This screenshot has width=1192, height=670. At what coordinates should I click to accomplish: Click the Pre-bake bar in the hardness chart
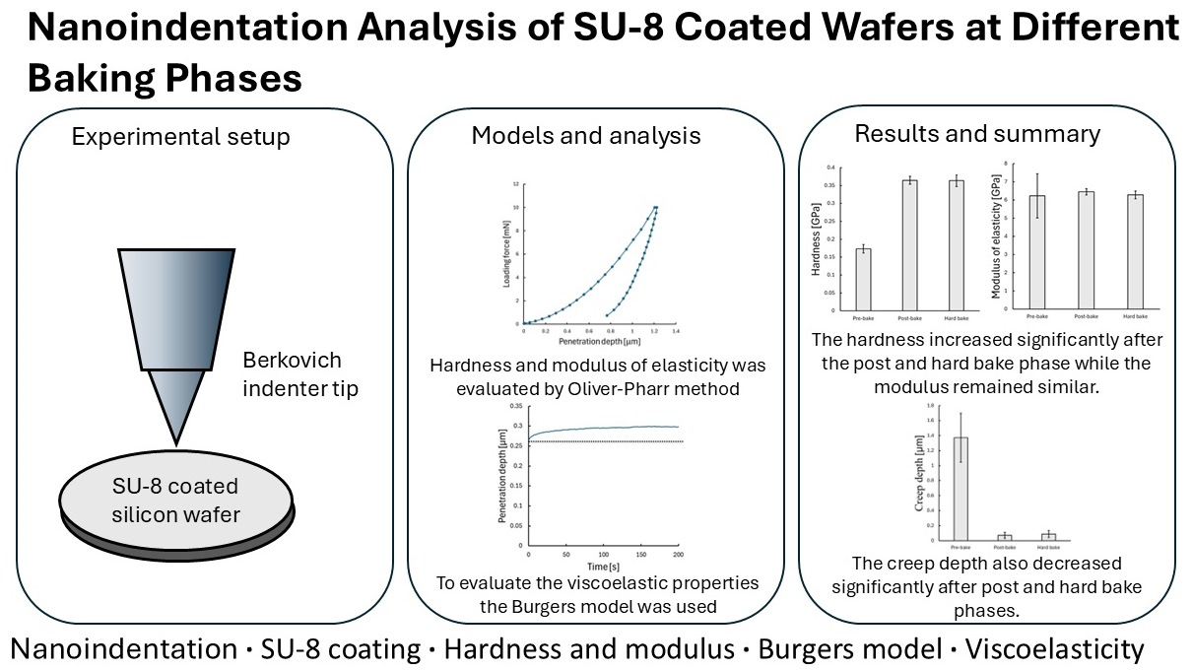pyautogui.click(x=863, y=280)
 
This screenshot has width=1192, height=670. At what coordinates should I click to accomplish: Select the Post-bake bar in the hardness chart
pyautogui.click(x=909, y=245)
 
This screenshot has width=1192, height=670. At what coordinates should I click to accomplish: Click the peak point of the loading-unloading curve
pyautogui.click(x=655, y=208)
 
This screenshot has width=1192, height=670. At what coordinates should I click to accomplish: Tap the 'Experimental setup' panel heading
pyautogui.click(x=181, y=137)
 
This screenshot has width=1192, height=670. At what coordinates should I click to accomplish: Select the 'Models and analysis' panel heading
pyautogui.click(x=585, y=136)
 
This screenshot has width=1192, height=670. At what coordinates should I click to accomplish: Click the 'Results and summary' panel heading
pyautogui.click(x=977, y=133)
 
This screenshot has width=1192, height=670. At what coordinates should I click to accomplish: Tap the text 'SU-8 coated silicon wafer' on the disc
pyautogui.click(x=174, y=501)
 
